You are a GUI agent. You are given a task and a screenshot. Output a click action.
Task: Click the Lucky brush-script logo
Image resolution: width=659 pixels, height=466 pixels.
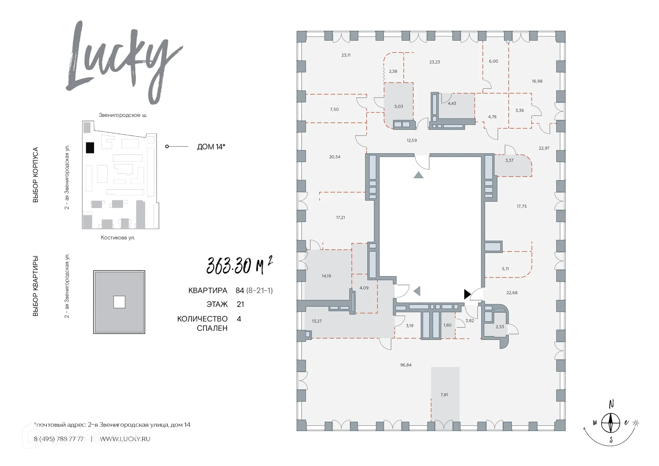pos(124,62)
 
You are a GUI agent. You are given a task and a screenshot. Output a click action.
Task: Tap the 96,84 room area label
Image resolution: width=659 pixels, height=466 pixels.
pos(406,365)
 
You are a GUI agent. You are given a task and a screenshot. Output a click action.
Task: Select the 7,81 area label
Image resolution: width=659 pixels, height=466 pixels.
pos(444,395)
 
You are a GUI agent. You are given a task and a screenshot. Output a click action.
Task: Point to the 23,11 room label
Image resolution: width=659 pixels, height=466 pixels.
pos(346,55)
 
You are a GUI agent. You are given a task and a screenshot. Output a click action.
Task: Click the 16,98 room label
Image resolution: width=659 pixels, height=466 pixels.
pos(537,81)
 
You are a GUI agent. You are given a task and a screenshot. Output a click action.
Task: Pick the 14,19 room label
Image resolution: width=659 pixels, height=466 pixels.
pos(326,276)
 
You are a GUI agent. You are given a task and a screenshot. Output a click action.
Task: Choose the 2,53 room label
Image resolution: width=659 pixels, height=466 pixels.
pos(500,327)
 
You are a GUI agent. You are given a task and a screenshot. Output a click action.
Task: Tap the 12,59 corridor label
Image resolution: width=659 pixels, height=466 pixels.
pos(412,140)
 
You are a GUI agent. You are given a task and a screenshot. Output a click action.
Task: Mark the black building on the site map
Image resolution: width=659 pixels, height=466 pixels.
pos(90,148)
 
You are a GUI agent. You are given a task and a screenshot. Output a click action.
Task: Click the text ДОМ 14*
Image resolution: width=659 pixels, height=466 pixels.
pos(211,147)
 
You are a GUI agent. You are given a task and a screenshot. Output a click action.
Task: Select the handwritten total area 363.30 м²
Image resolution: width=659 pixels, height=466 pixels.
pos(240,265)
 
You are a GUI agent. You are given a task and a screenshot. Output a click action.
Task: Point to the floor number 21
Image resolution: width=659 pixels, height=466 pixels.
pos(240,304)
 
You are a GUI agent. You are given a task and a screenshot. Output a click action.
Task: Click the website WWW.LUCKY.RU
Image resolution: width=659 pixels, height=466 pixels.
pos(125,439)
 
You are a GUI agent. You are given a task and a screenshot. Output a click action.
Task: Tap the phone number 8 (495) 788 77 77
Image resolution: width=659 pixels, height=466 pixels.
pos(59,439)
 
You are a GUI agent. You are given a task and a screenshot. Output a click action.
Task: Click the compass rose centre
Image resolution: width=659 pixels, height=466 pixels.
pos(611,423)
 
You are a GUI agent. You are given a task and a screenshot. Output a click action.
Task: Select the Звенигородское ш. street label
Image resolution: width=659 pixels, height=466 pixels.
pos(123,115)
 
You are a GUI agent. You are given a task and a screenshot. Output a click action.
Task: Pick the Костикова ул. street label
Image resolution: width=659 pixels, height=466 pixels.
pos(118,238)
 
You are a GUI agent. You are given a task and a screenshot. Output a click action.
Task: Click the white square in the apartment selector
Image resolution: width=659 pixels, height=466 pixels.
pos(119,302)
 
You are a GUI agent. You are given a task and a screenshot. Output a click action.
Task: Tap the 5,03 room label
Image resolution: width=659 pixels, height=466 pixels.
pos(398,107)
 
